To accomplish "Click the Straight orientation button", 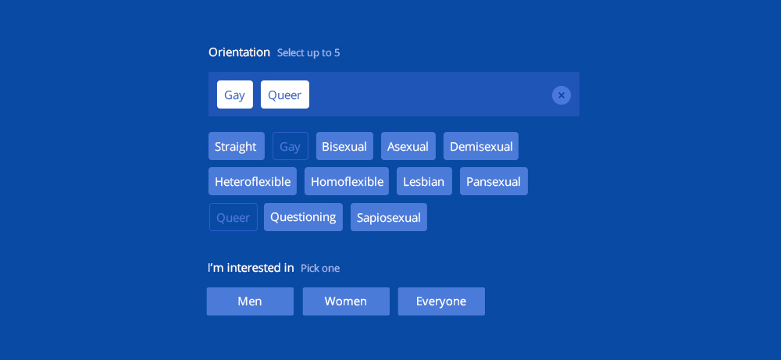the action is click(x=236, y=146).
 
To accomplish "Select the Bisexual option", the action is click(x=344, y=146).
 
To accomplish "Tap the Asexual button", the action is click(x=408, y=146).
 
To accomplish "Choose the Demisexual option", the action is click(x=480, y=146).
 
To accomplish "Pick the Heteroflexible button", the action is click(x=252, y=181).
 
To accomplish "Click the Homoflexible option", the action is click(x=347, y=181).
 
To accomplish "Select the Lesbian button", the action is click(x=424, y=181).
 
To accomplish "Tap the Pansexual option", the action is click(x=494, y=181).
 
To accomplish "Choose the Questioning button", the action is click(x=303, y=217).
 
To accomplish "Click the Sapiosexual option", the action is click(x=388, y=217).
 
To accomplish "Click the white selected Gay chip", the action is click(x=234, y=94).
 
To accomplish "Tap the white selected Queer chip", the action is click(x=285, y=94).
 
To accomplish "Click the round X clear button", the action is click(x=562, y=95).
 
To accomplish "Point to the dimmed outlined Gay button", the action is click(x=291, y=146).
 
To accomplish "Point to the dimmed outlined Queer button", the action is click(x=233, y=217).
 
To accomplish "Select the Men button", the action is click(x=250, y=301).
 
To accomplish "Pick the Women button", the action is click(x=346, y=301).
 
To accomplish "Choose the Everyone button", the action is click(x=441, y=301).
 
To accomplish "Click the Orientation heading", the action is click(x=239, y=52).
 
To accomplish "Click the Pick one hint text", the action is click(x=320, y=269).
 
